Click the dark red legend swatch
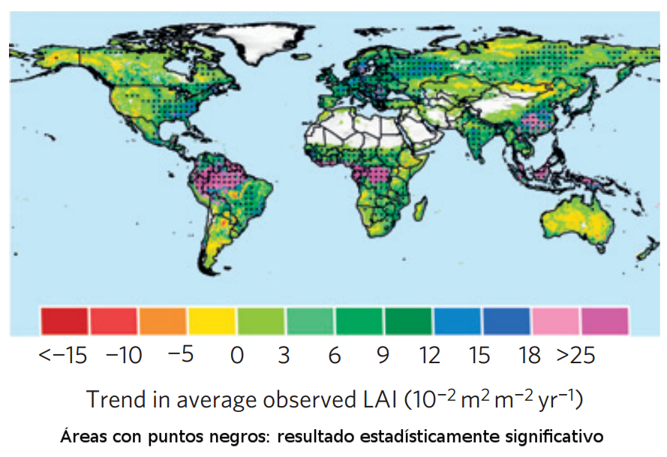point(65,320)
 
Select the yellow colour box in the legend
point(212,320)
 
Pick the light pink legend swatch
point(556,320)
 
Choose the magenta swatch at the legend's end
point(605,320)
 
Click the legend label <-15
point(64,355)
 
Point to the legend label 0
point(237,355)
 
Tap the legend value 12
point(430,355)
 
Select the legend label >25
point(576,355)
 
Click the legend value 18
point(530,355)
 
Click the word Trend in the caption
point(112,399)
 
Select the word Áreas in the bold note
point(81,436)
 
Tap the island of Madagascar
point(422,206)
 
